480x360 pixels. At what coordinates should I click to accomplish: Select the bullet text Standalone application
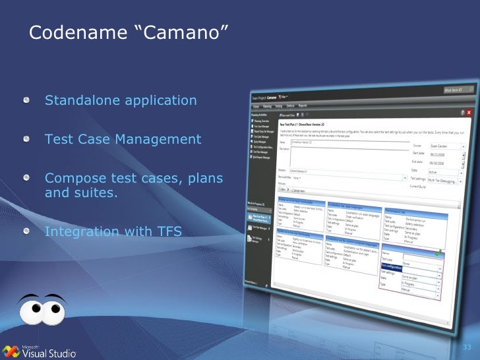point(121,101)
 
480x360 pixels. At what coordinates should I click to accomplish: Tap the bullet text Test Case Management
point(123,140)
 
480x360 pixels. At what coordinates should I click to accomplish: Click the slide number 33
point(467,347)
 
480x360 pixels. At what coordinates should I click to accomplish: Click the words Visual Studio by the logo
point(49,353)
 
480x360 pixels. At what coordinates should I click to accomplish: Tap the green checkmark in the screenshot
point(439,252)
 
